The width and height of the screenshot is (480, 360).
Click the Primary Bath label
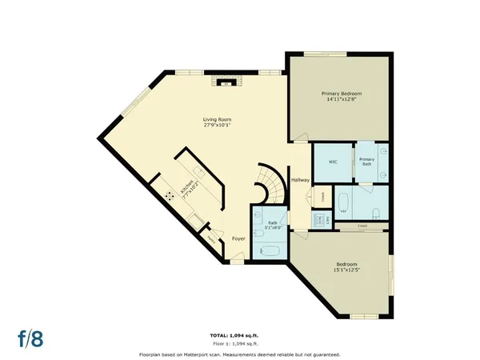(x=366, y=162)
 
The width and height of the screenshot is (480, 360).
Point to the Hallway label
(x=300, y=180)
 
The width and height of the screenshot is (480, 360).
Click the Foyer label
(x=238, y=238)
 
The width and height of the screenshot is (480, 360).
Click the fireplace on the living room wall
(x=225, y=80)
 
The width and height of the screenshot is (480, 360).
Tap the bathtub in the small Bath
(x=269, y=250)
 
